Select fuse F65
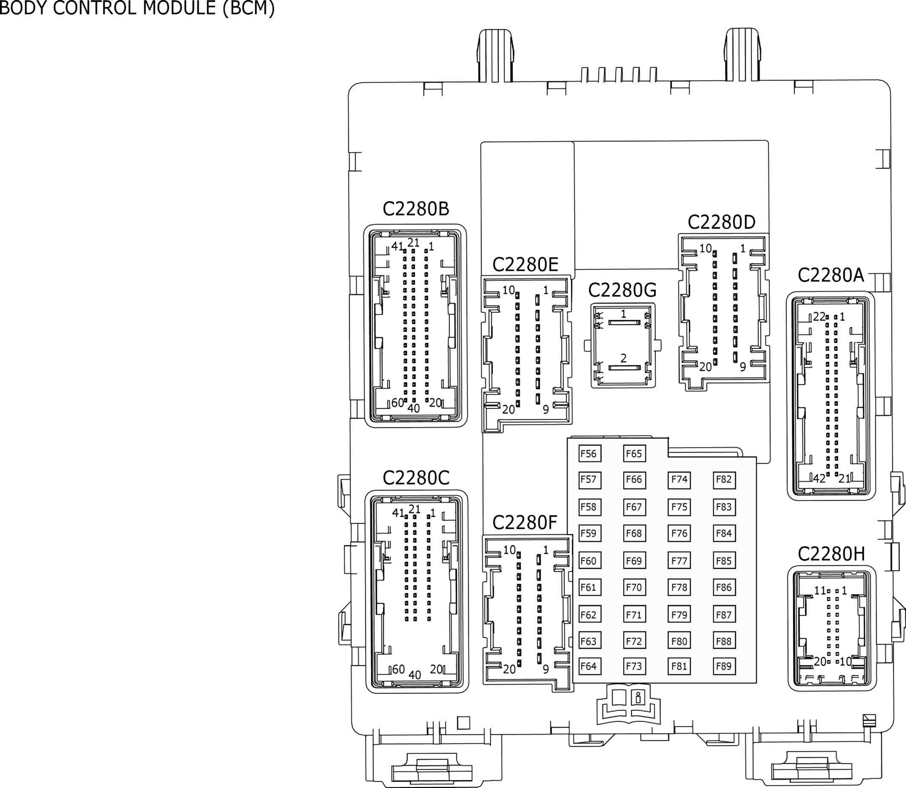click(x=635, y=454)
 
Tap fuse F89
click(x=724, y=666)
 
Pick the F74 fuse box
click(x=679, y=480)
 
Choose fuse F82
click(x=724, y=480)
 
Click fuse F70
click(x=635, y=587)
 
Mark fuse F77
click(x=679, y=561)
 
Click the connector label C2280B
click(x=416, y=209)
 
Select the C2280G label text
click(x=622, y=290)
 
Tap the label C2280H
click(x=831, y=554)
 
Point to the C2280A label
click(x=831, y=275)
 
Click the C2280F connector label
click(x=524, y=523)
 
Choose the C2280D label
click(x=721, y=222)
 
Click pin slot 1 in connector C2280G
click(x=624, y=322)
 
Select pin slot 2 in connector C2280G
click(x=624, y=367)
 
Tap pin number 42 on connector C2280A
click(x=819, y=479)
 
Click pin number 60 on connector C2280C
click(x=398, y=670)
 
